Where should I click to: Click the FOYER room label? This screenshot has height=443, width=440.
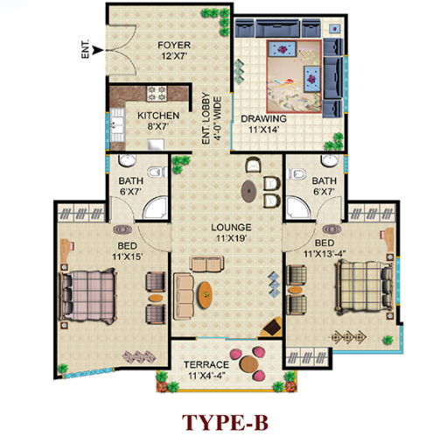[x=174, y=46]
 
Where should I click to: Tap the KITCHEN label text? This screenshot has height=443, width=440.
[x=158, y=116]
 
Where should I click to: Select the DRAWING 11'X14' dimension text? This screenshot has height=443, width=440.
[x=264, y=130]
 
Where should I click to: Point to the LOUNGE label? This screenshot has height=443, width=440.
[x=231, y=228]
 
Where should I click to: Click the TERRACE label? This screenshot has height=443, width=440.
[x=206, y=365]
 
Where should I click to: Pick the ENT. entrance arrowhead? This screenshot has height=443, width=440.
[x=98, y=50]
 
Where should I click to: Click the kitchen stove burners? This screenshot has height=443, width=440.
[x=157, y=93]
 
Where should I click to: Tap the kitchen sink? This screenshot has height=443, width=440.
[x=117, y=125]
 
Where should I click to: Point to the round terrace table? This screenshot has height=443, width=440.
[x=249, y=364]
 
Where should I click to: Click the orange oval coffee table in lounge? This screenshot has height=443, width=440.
[x=206, y=294]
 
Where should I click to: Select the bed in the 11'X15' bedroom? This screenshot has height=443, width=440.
[x=88, y=295]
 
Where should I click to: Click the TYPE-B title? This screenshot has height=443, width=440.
[x=225, y=423]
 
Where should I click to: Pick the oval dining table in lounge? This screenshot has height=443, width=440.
[x=249, y=191]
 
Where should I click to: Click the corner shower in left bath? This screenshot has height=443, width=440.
[x=155, y=208]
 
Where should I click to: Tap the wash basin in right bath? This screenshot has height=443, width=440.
[x=331, y=160]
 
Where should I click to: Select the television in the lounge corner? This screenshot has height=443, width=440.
[x=272, y=326]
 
